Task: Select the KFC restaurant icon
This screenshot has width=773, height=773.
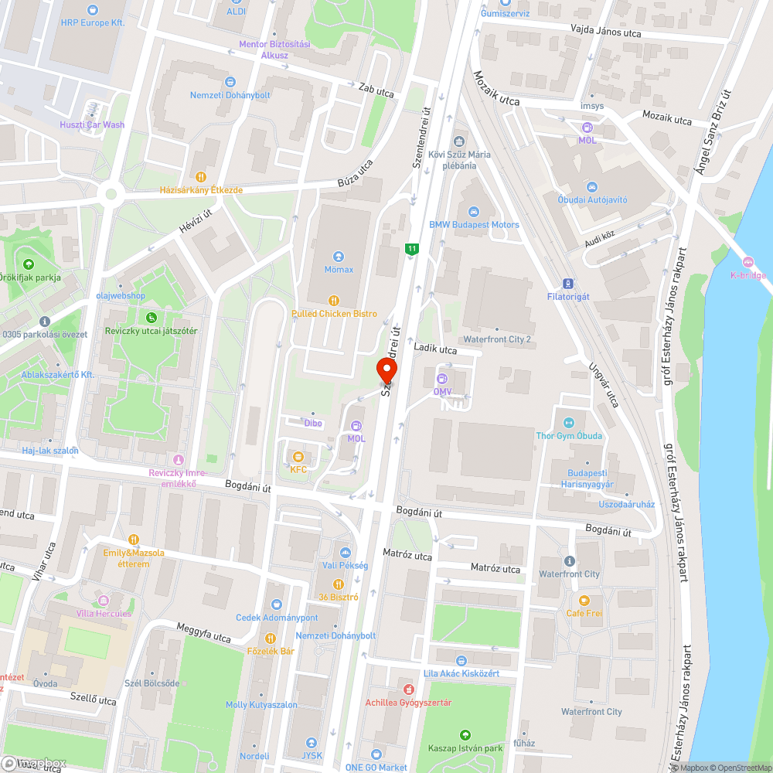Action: pyautogui.click(x=298, y=456)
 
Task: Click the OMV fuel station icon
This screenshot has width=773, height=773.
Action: pyautogui.click(x=442, y=379)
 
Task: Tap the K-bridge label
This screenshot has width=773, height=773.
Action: pyautogui.click(x=748, y=275)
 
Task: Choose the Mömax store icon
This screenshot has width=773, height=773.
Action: pyautogui.click(x=339, y=256)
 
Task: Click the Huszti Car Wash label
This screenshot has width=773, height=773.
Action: pyautogui.click(x=92, y=124)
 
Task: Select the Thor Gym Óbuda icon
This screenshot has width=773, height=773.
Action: pyautogui.click(x=569, y=422)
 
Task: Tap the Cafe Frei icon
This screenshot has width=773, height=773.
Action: pyautogui.click(x=584, y=600)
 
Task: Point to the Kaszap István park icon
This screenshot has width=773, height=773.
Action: pyautogui.click(x=465, y=735)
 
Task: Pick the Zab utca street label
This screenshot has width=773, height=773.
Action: pyautogui.click(x=376, y=90)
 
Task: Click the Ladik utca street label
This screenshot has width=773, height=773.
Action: pyautogui.click(x=435, y=349)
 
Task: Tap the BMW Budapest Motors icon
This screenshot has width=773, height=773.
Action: pyautogui.click(x=474, y=212)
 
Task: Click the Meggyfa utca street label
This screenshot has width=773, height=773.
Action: pyautogui.click(x=203, y=632)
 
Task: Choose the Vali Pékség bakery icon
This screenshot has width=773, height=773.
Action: pyautogui.click(x=345, y=552)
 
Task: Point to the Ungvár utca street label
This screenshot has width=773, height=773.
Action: pyautogui.click(x=603, y=385)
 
